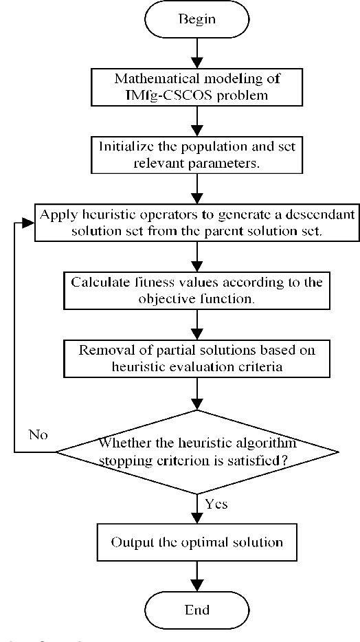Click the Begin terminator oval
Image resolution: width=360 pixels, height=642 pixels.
click(x=196, y=19)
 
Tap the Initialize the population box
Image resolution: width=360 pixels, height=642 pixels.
click(x=196, y=155)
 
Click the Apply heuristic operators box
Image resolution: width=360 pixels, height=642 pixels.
click(x=196, y=222)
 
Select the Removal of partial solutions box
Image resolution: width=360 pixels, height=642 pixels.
click(x=196, y=357)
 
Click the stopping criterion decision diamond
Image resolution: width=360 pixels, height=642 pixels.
click(x=196, y=452)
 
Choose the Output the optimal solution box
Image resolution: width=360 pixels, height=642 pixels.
click(x=196, y=542)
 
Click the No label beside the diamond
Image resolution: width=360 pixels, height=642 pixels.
click(x=38, y=434)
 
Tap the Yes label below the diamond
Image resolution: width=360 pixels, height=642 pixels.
click(x=216, y=504)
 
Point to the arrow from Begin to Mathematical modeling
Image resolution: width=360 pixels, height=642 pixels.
click(x=196, y=52)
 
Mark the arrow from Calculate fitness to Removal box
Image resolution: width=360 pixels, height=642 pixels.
click(x=196, y=324)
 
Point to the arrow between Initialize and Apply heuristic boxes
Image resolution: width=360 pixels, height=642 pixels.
click(x=196, y=187)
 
